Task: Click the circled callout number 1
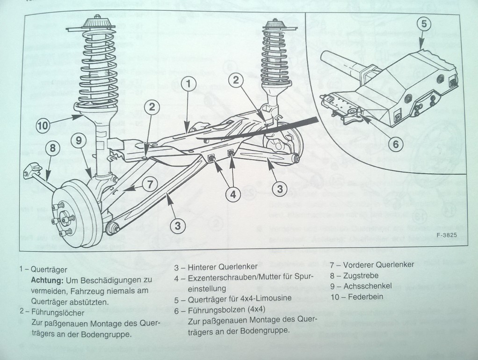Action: point(188,84)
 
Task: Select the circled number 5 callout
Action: point(424,24)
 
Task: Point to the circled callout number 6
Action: point(396,144)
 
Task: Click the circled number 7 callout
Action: point(150,184)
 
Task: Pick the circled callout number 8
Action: point(52,149)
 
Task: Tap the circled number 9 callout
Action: point(79,140)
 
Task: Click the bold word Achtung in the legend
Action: point(47,280)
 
